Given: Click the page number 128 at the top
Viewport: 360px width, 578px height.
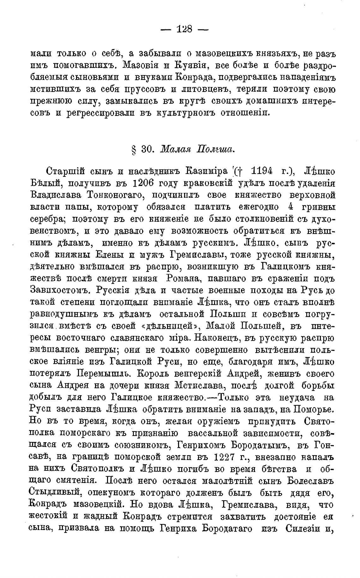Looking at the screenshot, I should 184,29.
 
